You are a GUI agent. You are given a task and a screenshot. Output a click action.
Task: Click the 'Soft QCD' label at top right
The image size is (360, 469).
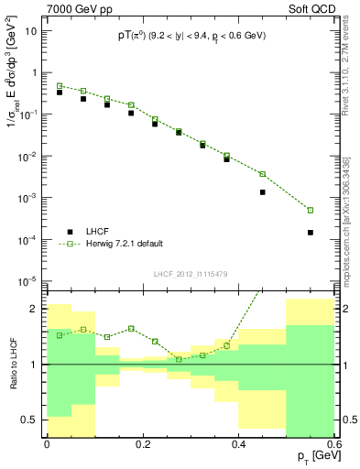point(310,8)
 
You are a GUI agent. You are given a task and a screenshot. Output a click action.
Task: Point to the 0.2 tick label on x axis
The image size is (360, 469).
point(142,444)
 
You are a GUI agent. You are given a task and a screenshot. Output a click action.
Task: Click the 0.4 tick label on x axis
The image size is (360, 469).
point(238,444)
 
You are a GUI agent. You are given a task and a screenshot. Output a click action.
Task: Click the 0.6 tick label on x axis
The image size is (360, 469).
point(334,444)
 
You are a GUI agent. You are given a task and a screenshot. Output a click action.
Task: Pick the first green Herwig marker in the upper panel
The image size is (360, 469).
point(60,86)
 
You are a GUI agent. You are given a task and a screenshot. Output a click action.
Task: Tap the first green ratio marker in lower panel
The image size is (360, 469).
point(60,335)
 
